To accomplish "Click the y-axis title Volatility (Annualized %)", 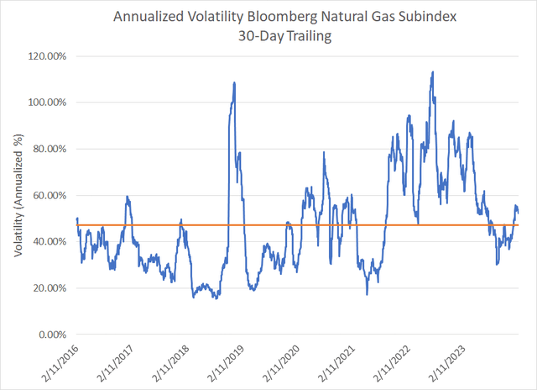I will [19, 195].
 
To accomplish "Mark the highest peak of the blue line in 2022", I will [431, 72].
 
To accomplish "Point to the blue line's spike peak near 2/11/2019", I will [234, 82].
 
